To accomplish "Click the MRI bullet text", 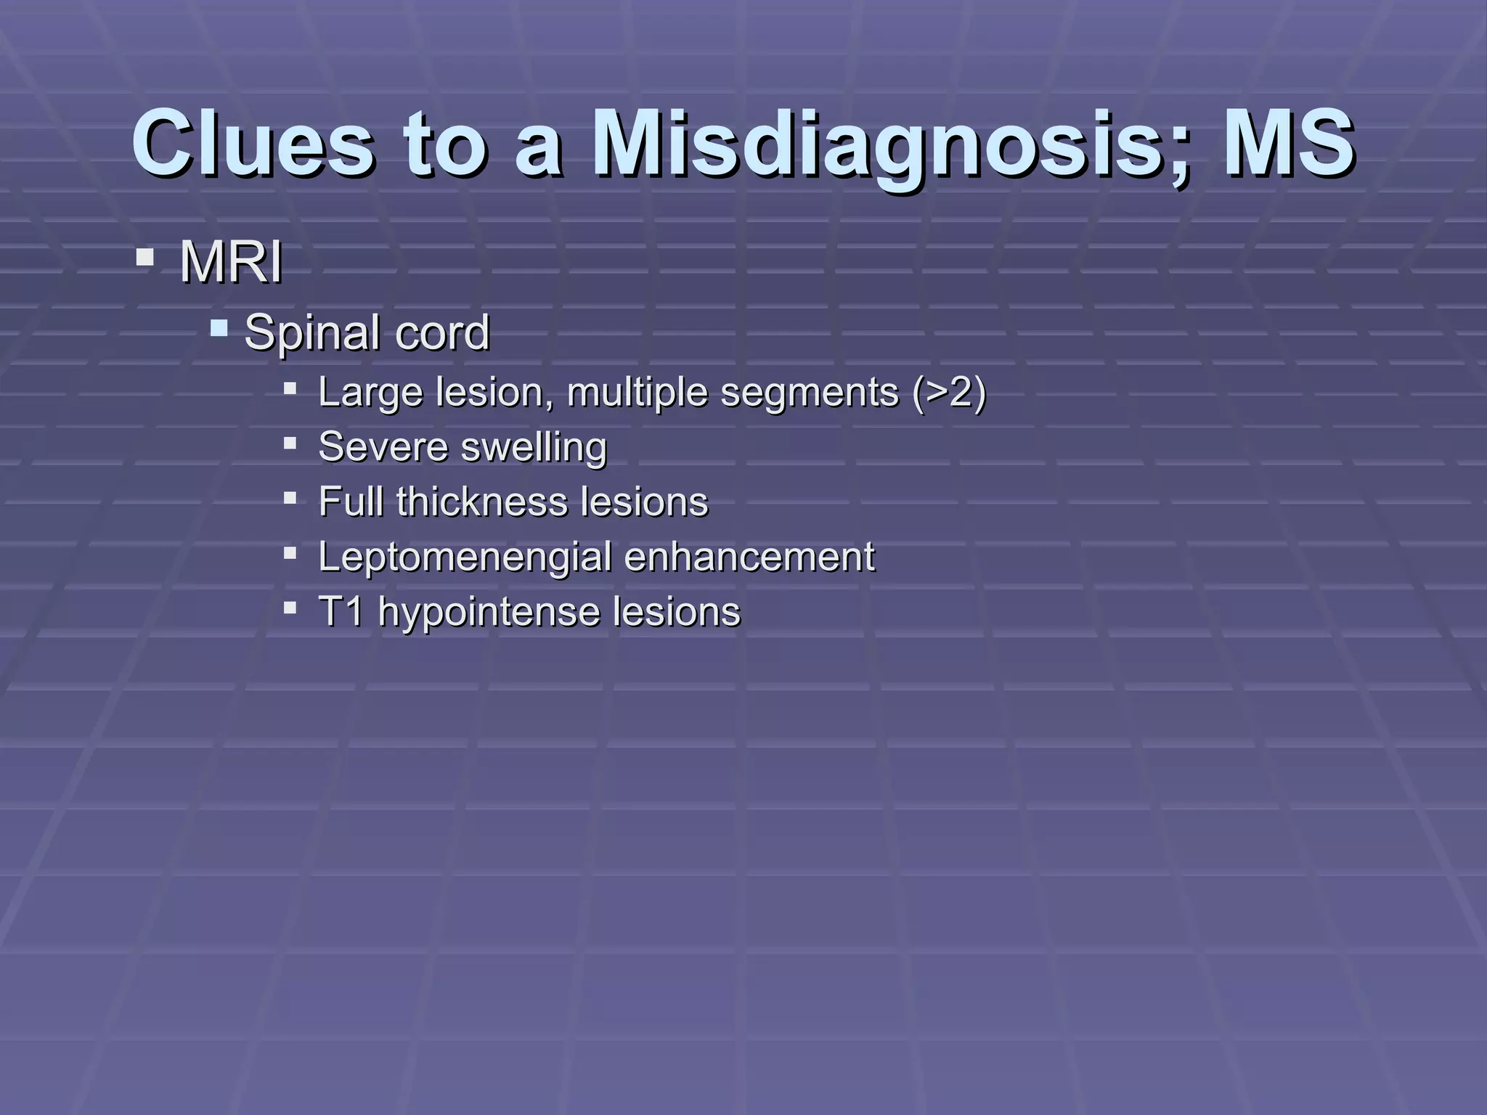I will pos(231,262).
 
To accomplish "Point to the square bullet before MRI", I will pos(144,258).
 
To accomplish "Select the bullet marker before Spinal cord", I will pos(219,330).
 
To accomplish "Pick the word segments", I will pos(809,393).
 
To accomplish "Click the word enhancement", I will pos(749,557).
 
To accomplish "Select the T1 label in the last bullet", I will pos(341,611).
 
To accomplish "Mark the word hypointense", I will pos(489,611).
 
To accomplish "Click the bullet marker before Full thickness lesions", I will pos(290,499).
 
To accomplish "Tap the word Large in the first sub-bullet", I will pos(370,393).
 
